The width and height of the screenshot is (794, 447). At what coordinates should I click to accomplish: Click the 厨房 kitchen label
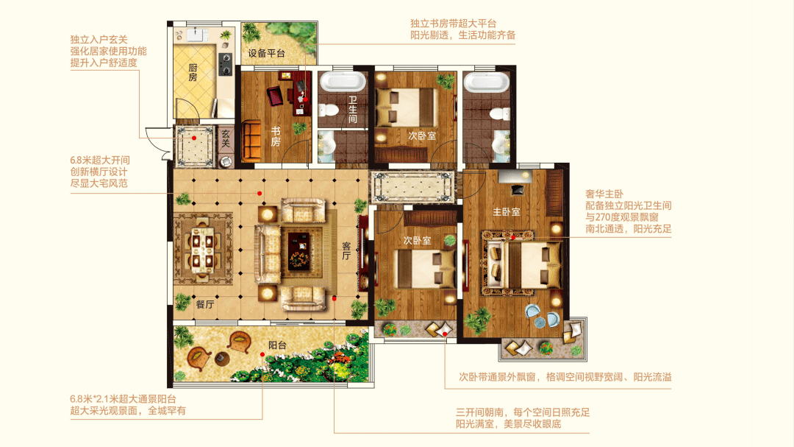tap(193, 73)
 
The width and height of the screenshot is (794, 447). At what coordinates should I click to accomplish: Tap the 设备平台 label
tap(266, 53)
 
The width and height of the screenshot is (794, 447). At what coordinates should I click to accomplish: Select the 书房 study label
tap(276, 136)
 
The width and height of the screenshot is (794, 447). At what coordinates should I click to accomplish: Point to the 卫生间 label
tap(352, 110)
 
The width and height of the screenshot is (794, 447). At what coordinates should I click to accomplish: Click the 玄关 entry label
tap(226, 138)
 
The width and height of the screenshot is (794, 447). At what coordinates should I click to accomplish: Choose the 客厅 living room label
tap(346, 250)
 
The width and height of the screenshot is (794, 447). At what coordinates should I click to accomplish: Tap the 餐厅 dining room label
tap(205, 304)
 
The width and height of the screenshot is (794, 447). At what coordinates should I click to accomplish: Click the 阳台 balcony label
tap(277, 345)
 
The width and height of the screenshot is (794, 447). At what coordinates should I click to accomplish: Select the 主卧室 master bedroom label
tap(507, 212)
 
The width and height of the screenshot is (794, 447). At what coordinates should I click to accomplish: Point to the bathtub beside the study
tap(343, 81)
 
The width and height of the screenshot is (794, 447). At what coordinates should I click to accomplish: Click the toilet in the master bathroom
tap(501, 113)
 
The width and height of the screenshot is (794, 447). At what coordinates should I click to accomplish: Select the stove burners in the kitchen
tap(226, 65)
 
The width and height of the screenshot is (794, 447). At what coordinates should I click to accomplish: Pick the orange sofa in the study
tap(251, 140)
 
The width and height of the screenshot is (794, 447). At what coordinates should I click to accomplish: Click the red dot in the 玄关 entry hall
tap(194, 138)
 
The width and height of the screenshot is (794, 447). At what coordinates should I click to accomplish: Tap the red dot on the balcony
tap(262, 355)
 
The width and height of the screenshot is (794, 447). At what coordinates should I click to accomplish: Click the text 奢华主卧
tap(604, 194)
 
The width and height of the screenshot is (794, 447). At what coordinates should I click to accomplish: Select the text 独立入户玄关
tap(99, 40)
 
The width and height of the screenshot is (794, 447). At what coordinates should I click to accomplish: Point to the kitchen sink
tap(197, 35)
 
